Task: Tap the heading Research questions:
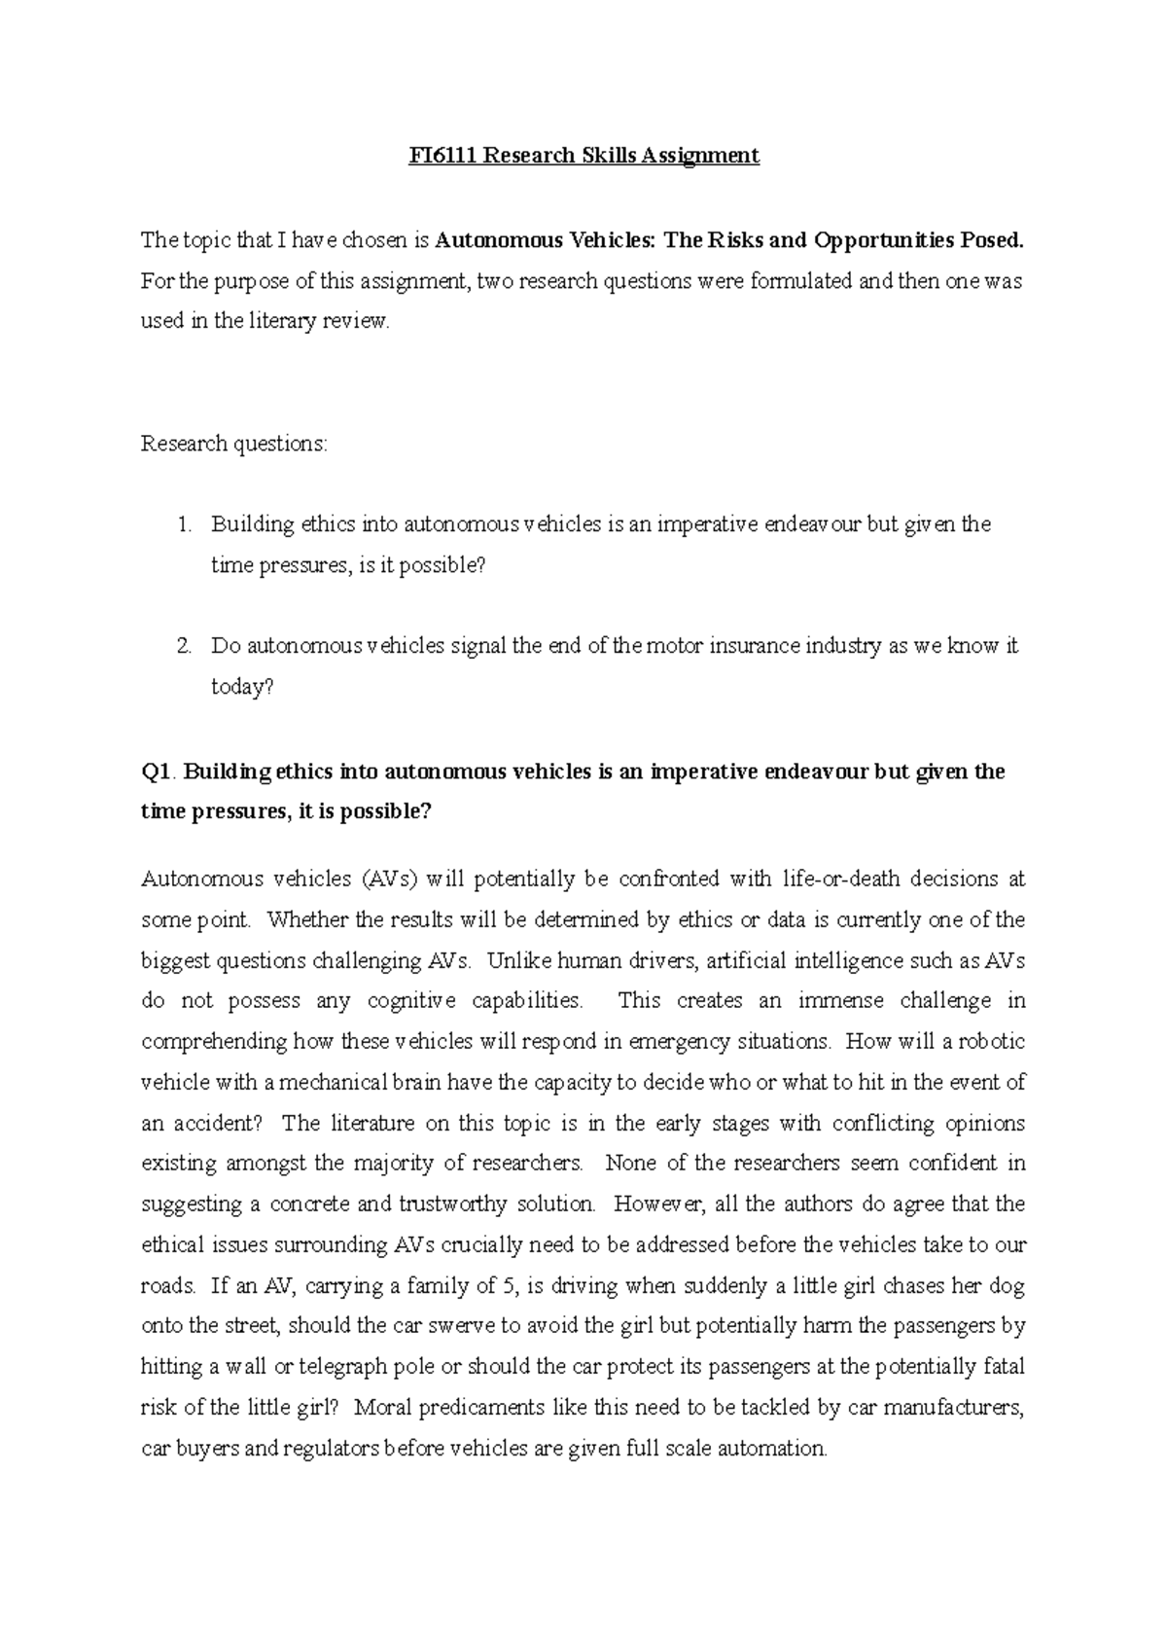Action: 235,444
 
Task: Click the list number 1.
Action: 184,524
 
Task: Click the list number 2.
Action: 184,646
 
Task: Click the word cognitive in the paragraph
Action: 411,1001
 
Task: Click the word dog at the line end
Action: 1008,1286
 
